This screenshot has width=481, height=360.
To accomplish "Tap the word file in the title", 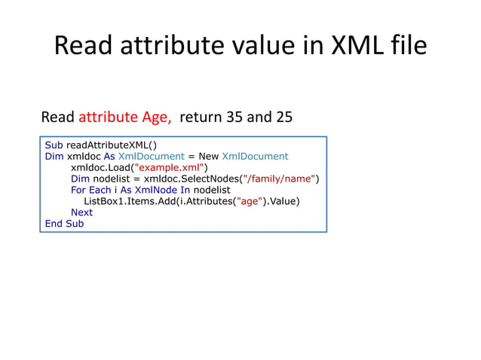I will coord(409,47).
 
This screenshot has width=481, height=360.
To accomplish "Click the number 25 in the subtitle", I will coord(282,117).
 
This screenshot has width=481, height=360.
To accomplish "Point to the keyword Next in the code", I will coord(81,212).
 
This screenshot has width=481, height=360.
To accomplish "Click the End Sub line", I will coord(64,224).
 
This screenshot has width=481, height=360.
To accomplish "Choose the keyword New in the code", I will coord(208,156).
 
